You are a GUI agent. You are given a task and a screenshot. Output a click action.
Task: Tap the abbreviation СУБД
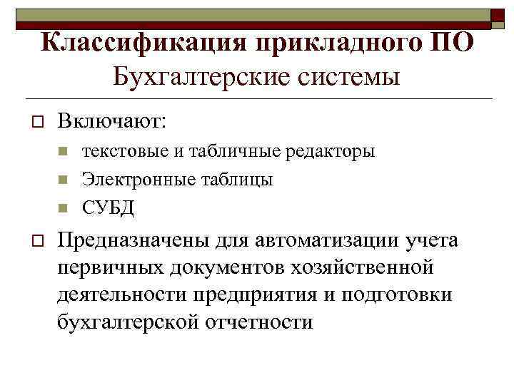click(x=108, y=207)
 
